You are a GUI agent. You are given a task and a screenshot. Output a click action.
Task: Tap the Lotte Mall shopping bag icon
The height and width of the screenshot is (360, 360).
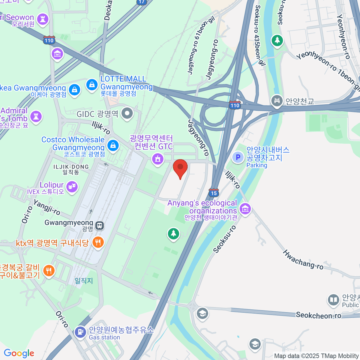click(x=92, y=85)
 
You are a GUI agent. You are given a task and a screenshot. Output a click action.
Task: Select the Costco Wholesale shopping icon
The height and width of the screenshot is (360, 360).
click(x=113, y=145)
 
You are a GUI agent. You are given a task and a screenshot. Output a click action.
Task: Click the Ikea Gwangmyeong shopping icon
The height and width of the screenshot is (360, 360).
click(x=74, y=89)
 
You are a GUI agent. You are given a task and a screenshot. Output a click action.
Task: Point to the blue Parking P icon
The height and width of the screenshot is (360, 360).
click(x=238, y=157)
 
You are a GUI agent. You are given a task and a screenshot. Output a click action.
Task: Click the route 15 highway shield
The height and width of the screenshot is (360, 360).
click(x=214, y=193)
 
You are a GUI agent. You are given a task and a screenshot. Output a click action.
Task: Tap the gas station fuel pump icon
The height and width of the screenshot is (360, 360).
click(x=80, y=332)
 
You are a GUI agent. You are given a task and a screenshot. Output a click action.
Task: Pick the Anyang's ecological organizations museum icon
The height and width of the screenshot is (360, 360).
click(x=245, y=208)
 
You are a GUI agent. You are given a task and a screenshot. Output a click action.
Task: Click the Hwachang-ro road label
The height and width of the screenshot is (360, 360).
click(x=303, y=259)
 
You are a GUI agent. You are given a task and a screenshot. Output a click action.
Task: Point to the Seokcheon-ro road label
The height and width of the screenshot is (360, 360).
click(x=318, y=315)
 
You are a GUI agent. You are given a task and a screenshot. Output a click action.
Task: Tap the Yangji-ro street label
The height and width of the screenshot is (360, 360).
click(x=47, y=207)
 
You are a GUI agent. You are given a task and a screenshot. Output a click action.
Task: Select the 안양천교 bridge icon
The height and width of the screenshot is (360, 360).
click(x=277, y=101)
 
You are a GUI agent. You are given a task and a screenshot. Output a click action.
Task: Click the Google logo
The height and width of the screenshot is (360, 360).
click(x=19, y=353)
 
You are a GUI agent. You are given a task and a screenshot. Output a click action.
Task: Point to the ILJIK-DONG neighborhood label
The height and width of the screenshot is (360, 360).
click(x=71, y=167)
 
